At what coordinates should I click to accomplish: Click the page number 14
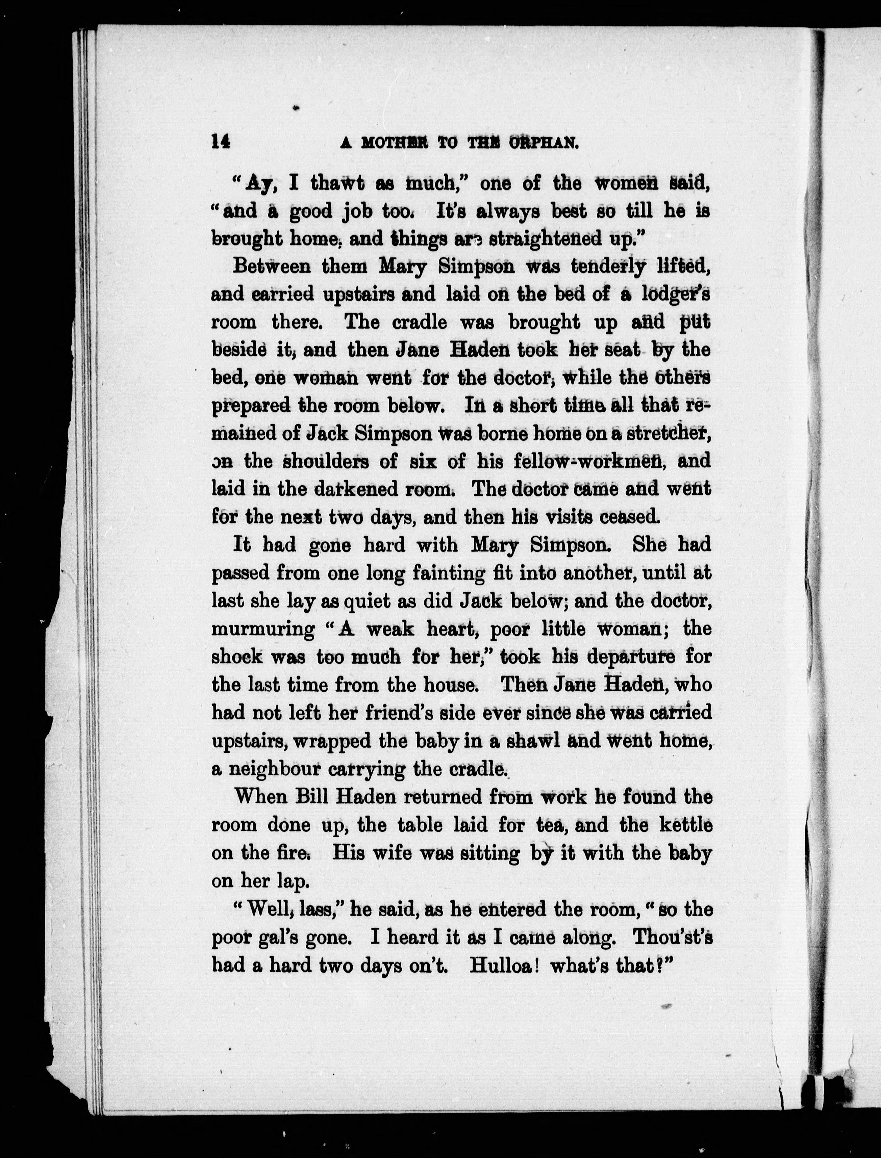221,142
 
